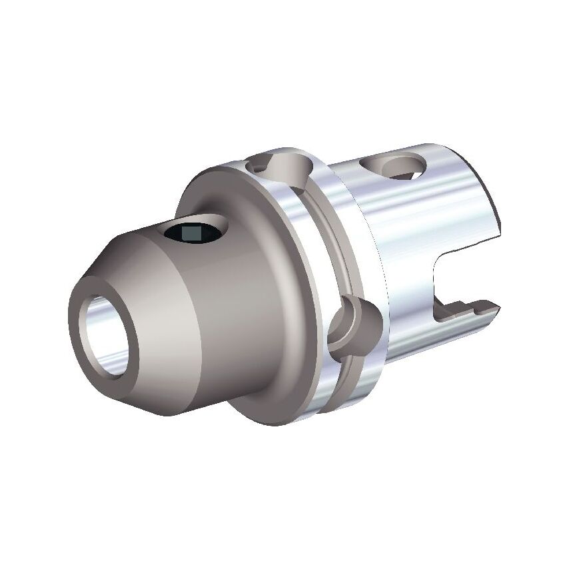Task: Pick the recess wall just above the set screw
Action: coord(200,221)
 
